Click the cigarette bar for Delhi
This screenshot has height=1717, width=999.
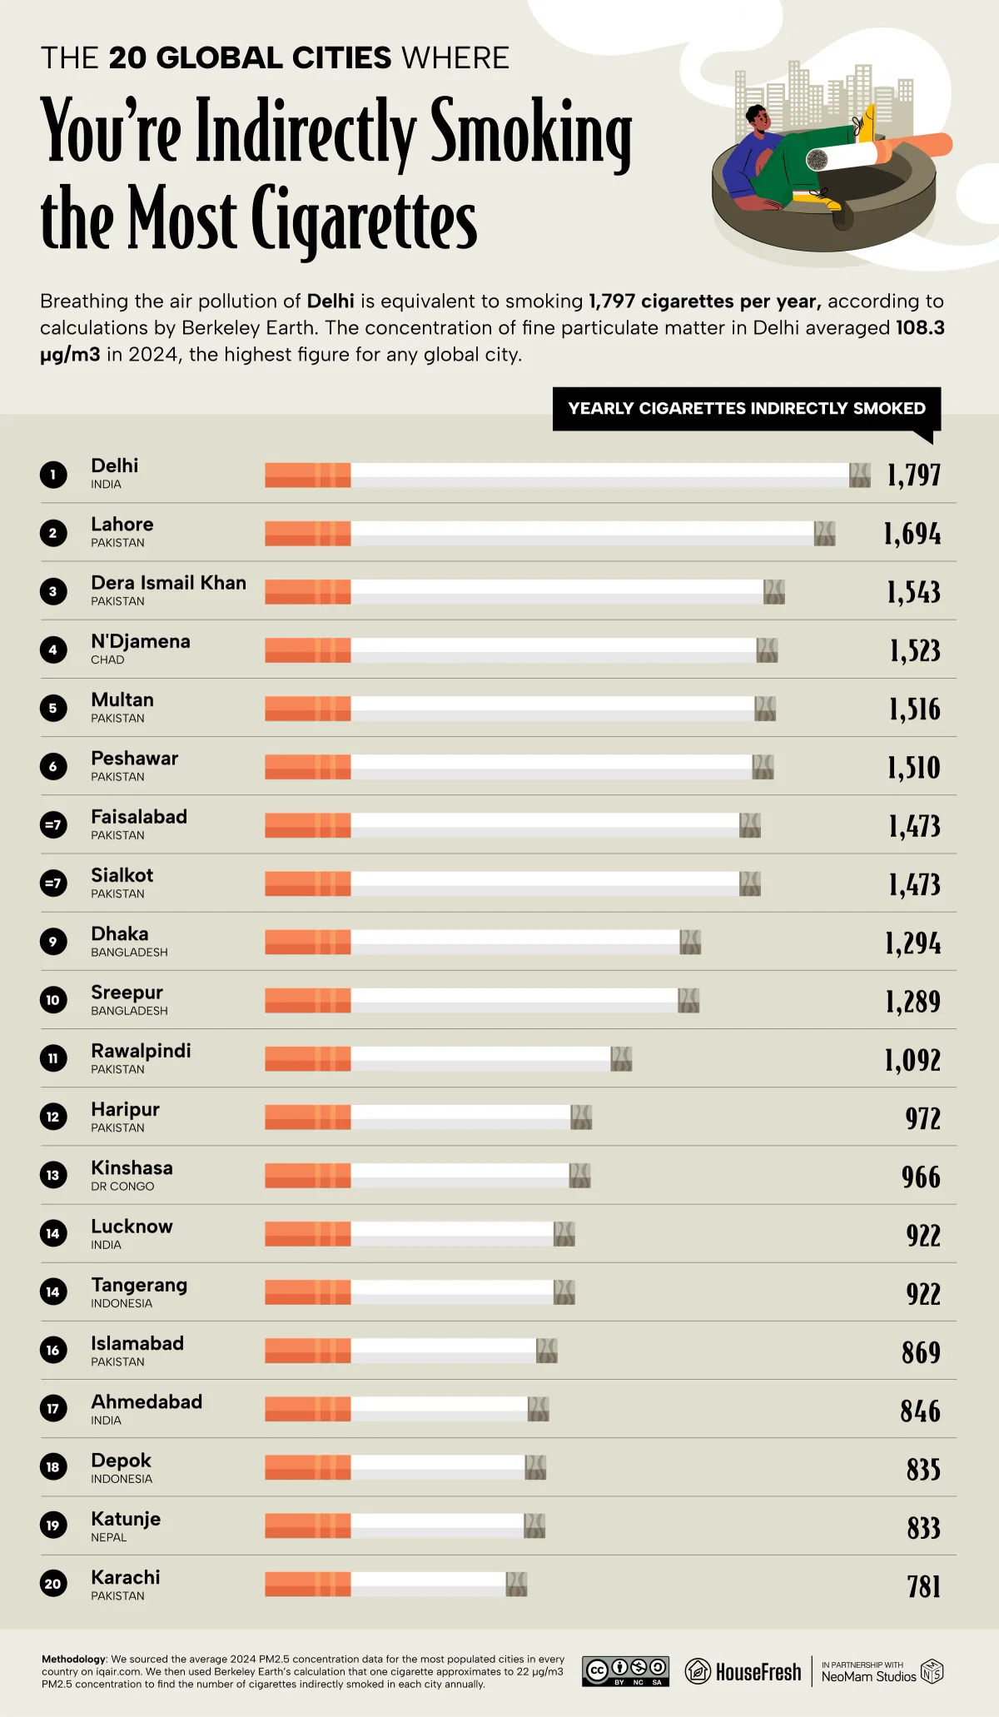click(567, 475)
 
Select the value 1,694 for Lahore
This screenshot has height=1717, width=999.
click(912, 534)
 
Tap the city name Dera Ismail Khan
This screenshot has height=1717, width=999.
click(168, 583)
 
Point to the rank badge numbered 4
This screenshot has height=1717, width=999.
click(53, 649)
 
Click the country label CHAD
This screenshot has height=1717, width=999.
click(107, 659)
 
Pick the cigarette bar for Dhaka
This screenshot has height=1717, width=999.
click(483, 942)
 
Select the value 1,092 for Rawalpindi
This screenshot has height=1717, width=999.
click(912, 1060)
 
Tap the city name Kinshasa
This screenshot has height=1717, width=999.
click(132, 1167)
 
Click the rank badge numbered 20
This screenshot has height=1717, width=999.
click(53, 1584)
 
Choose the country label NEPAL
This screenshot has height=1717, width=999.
click(109, 1537)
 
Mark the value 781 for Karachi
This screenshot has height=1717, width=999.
click(923, 1586)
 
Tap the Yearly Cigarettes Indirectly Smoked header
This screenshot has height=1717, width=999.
click(746, 408)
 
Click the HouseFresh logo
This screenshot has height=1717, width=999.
click(743, 1672)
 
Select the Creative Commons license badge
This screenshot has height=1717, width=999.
click(625, 1671)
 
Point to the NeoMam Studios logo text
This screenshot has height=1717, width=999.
click(868, 1676)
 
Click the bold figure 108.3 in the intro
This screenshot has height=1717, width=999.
click(920, 327)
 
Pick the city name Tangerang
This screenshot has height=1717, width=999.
click(139, 1285)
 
